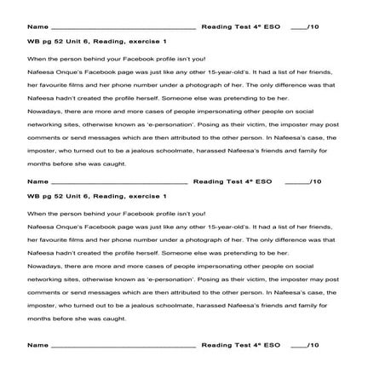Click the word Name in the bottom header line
[x=37, y=347]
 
